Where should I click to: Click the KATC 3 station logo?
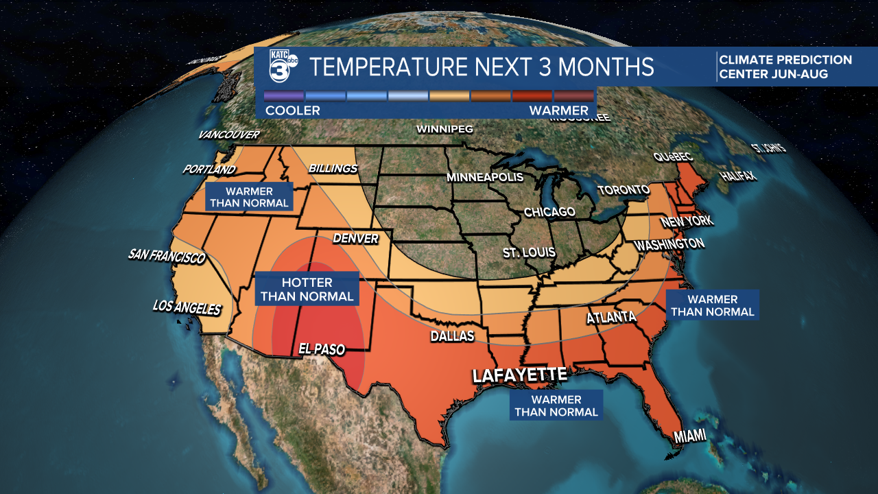click(x=281, y=67)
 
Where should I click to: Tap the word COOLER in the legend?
click(x=293, y=110)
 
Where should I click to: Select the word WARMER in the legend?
click(x=558, y=110)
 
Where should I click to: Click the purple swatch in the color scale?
click(x=284, y=96)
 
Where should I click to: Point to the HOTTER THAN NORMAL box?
click(x=307, y=289)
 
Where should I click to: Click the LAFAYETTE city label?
click(x=519, y=375)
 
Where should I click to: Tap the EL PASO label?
click(x=321, y=349)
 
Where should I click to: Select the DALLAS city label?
click(x=452, y=336)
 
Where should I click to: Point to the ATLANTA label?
click(x=610, y=318)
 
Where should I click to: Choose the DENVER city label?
click(x=355, y=239)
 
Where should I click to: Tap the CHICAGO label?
click(x=549, y=212)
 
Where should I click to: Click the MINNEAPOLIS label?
click(x=484, y=177)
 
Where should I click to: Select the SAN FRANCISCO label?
click(x=167, y=257)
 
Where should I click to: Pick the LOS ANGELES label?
click(x=187, y=307)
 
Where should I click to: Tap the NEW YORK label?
click(x=687, y=222)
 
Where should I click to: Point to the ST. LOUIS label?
click(x=528, y=252)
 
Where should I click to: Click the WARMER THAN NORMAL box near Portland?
click(x=250, y=197)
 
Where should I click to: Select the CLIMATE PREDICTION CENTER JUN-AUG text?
click(x=785, y=67)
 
